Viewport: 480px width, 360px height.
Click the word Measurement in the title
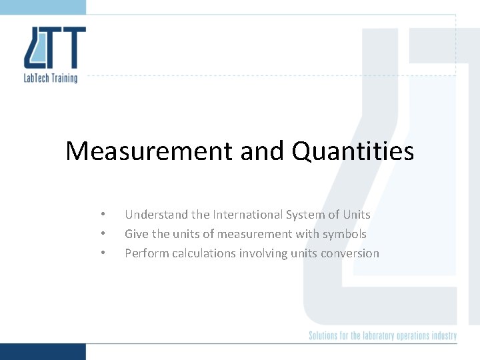pyautogui.click(x=149, y=151)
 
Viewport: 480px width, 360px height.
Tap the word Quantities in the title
pyautogui.click(x=353, y=151)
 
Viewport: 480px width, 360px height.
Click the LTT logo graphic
pyautogui.click(x=55, y=48)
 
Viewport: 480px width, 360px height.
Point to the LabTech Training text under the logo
pyautogui.click(x=51, y=78)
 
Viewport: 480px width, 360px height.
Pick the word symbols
pyautogui.click(x=345, y=234)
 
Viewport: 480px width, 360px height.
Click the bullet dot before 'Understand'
pyautogui.click(x=103, y=215)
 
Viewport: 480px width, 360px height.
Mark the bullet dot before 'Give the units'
pyautogui.click(x=103, y=234)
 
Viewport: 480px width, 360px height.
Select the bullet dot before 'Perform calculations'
pyautogui.click(x=103, y=253)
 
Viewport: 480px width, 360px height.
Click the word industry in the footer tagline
pyautogui.click(x=444, y=335)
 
